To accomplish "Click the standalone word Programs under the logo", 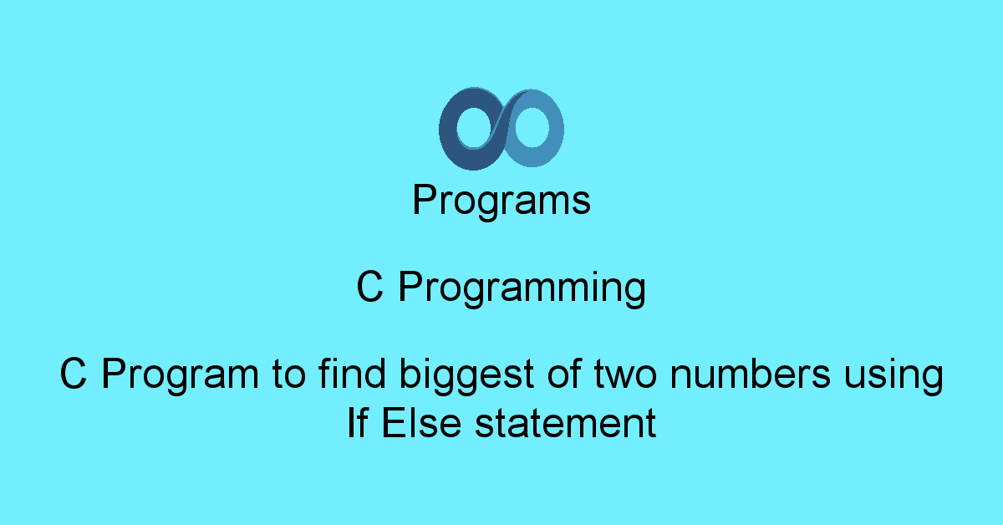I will [x=501, y=201].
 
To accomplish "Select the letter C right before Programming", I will [x=369, y=288].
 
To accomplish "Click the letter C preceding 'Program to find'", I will [x=74, y=375].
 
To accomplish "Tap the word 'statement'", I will [x=565, y=425].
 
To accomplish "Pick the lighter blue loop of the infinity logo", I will [x=555, y=130].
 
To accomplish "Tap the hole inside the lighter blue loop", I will [x=531, y=128].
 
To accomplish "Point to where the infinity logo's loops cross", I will [x=501, y=128].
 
